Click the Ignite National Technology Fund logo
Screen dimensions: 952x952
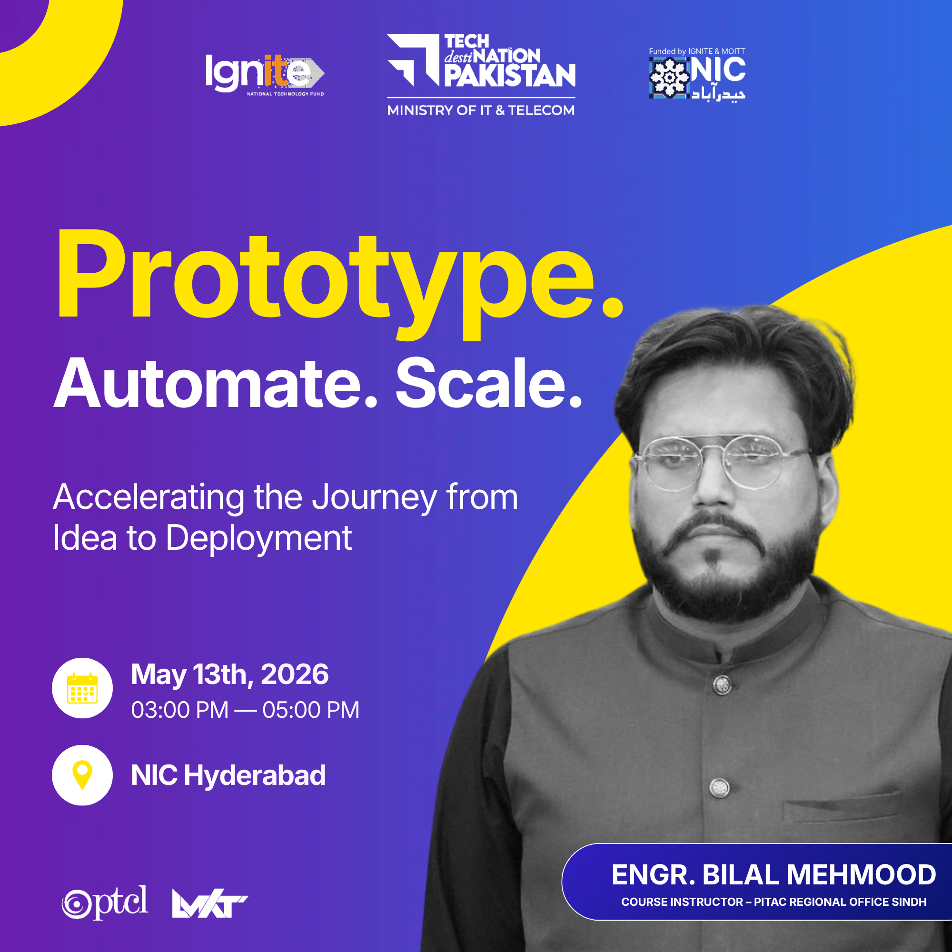point(265,74)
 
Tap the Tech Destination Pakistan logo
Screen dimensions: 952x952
point(481,60)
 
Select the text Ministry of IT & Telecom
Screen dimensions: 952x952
point(481,110)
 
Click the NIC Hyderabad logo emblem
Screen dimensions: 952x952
point(669,78)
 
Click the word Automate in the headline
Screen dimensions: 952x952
point(216,384)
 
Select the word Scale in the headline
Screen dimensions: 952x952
point(489,384)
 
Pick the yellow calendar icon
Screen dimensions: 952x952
point(82,688)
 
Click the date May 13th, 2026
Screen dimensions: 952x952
point(229,674)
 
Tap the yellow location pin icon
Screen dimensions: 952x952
point(82,774)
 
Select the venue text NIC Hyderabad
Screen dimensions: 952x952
point(228,775)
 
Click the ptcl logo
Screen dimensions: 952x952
point(105,902)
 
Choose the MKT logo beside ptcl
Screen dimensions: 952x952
point(210,904)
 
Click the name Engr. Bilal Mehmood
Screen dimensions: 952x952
point(773,875)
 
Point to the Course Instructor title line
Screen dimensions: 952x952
point(773,902)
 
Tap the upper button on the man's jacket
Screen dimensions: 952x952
point(723,684)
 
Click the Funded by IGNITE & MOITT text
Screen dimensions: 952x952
point(697,51)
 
